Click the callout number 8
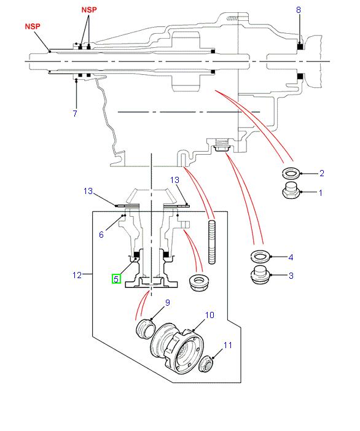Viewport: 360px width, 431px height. click(299, 10)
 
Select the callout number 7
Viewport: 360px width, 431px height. click(74, 114)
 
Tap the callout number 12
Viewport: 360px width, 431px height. click(77, 275)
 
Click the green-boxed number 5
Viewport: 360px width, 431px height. click(116, 279)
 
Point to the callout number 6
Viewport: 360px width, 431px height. click(102, 235)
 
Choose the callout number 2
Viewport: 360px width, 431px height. click(321, 174)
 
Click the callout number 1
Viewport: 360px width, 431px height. click(321, 193)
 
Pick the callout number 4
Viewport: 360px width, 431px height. click(291, 257)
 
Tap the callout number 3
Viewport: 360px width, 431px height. click(291, 276)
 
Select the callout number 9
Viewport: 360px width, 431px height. click(166, 303)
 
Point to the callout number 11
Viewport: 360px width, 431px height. click(228, 346)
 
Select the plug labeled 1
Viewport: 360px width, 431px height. click(289, 192)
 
